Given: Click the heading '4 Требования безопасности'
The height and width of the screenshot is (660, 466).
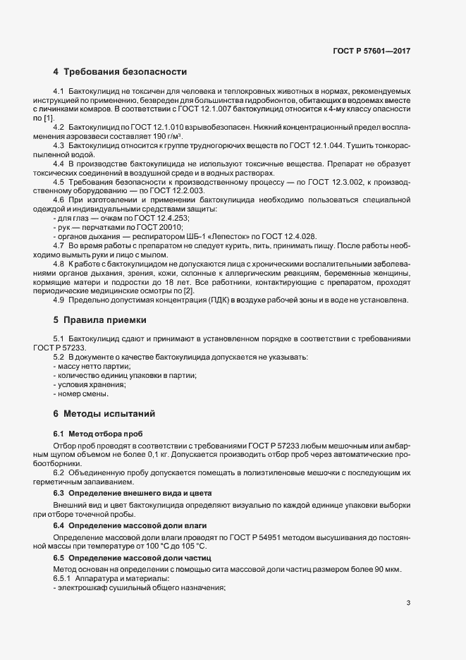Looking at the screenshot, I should (120, 72).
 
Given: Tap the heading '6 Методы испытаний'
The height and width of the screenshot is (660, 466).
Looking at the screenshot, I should (103, 412).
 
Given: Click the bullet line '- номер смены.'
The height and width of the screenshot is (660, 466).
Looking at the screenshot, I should (79, 393).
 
